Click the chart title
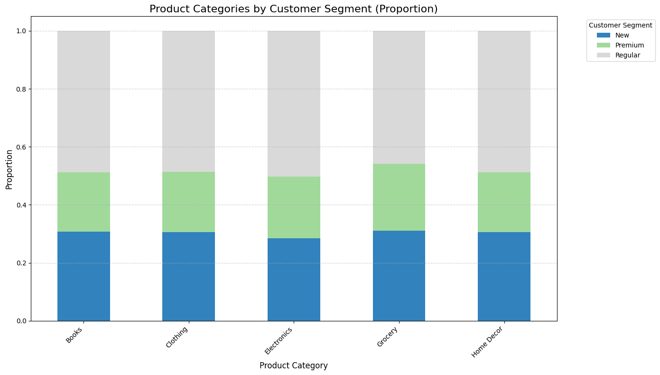click(x=293, y=9)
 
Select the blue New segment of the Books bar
click(x=84, y=276)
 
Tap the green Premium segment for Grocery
click(x=399, y=197)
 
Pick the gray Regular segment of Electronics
click(x=294, y=103)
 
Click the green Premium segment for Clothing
click(x=188, y=202)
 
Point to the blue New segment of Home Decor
click(x=504, y=276)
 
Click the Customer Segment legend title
click(x=620, y=25)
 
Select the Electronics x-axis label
click(x=279, y=340)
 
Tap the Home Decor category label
click(x=488, y=342)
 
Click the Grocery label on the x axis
click(x=387, y=337)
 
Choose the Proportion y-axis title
click(x=9, y=169)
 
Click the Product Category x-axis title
click(x=293, y=366)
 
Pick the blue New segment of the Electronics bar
click(x=294, y=280)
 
